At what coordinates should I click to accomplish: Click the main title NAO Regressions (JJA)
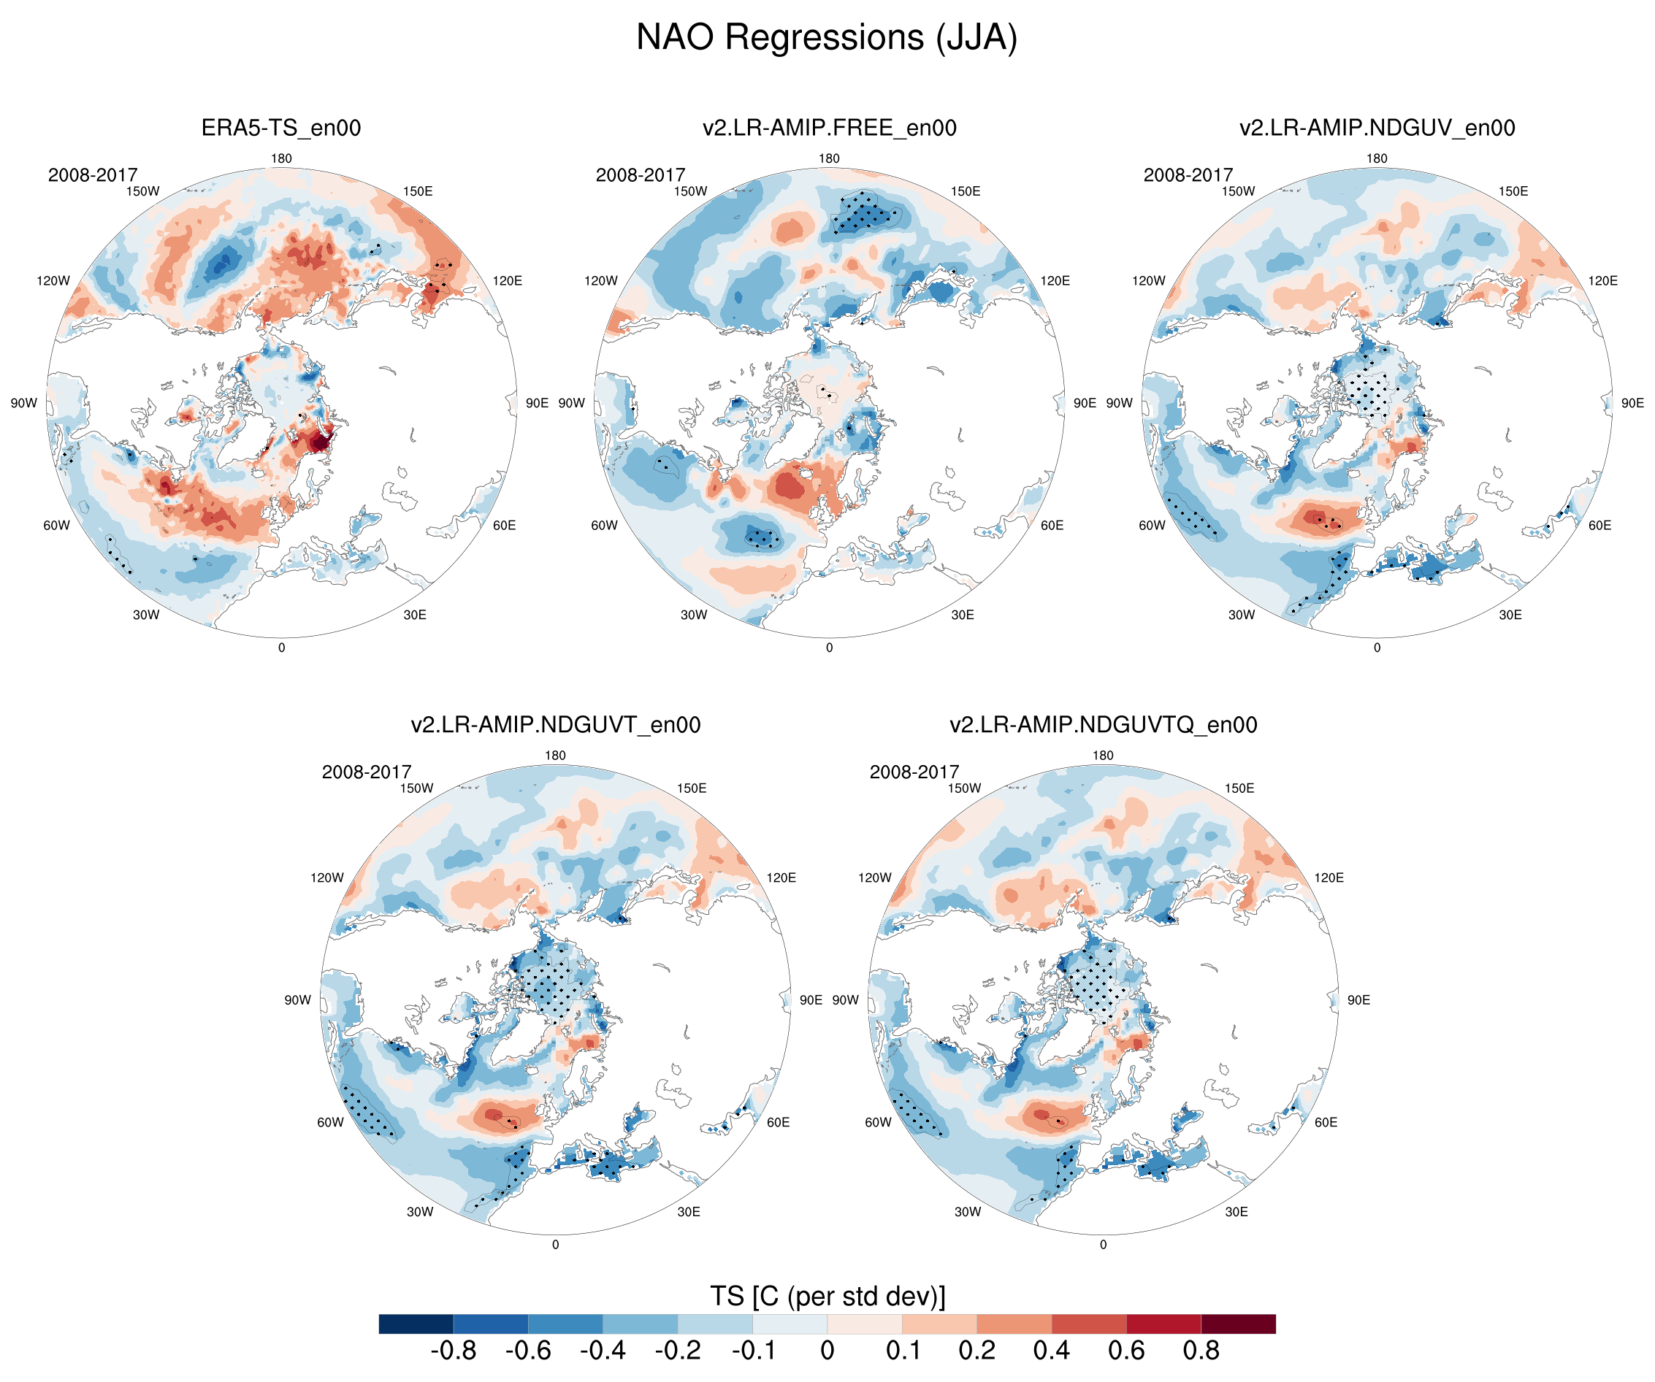click(x=827, y=37)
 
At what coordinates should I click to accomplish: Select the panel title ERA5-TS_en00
click(x=281, y=128)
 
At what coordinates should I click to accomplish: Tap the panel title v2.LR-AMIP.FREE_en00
click(x=829, y=128)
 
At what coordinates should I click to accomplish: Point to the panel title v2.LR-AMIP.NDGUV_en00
click(x=1377, y=128)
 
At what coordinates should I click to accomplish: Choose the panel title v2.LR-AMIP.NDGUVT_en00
click(x=556, y=724)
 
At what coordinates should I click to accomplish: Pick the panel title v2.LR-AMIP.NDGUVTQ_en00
click(x=1104, y=724)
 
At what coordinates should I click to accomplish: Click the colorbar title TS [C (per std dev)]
click(x=827, y=1296)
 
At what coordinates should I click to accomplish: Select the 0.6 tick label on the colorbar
click(x=1126, y=1351)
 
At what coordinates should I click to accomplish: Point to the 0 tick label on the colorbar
click(x=827, y=1351)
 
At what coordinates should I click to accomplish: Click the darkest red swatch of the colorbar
click(x=1238, y=1324)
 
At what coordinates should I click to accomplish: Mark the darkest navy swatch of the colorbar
click(x=416, y=1324)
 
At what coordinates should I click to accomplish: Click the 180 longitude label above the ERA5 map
click(x=281, y=158)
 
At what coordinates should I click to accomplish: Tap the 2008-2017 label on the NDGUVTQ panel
click(x=914, y=772)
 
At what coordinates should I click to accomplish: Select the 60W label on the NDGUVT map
click(x=330, y=1122)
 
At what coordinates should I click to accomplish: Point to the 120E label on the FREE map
click(x=1055, y=280)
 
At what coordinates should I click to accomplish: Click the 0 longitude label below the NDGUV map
click(x=1377, y=648)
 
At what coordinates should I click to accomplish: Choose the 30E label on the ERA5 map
click(x=415, y=615)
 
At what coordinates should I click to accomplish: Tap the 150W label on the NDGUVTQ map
click(x=964, y=788)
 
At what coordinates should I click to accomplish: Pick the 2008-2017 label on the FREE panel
click(x=640, y=175)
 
